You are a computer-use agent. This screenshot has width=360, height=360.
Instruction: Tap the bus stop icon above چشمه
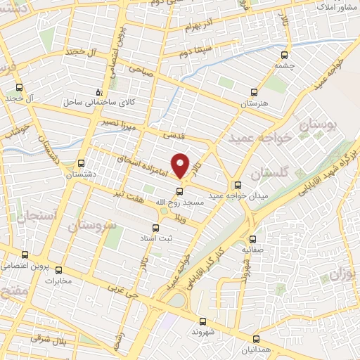click(x=284, y=55)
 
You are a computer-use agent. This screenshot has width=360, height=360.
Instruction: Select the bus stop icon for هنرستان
click(x=255, y=91)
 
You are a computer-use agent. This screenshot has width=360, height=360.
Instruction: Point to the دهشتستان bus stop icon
click(x=82, y=162)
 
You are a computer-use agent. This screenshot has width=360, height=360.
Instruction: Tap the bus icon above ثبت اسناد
click(x=156, y=228)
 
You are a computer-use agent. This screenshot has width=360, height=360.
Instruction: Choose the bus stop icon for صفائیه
click(x=252, y=238)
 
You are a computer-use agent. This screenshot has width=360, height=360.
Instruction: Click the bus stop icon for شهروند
click(x=202, y=320)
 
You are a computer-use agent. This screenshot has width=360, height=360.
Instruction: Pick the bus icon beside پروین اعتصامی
click(x=25, y=255)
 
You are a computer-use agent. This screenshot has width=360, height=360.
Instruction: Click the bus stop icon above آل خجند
click(x=20, y=88)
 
